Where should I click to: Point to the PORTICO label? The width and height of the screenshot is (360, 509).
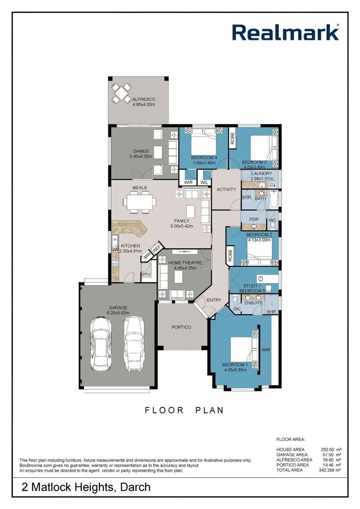181,327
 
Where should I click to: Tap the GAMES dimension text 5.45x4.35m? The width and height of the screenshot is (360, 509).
140,156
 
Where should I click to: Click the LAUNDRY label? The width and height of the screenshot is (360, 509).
262,173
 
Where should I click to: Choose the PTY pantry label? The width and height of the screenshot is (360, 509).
146,275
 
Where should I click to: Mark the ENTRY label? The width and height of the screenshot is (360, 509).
213,300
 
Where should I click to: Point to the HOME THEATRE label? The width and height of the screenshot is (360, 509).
185,263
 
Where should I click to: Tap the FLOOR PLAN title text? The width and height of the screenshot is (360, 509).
184,410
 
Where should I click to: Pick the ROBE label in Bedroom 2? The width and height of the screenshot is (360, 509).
230,254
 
